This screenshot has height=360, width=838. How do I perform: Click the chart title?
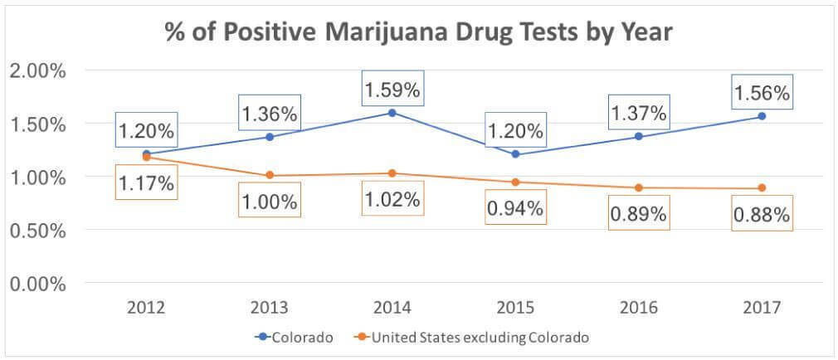(418, 34)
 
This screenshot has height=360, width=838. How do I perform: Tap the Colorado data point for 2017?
(761, 115)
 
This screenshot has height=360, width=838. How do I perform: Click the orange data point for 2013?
(270, 175)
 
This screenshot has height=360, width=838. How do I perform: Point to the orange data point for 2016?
(638, 187)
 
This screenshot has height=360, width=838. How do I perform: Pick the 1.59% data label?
(392, 87)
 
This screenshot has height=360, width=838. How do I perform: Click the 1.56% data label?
(761, 94)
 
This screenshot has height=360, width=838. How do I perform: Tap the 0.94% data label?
(514, 209)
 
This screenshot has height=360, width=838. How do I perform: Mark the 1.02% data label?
(392, 199)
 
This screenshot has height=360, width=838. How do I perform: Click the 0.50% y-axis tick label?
(37, 230)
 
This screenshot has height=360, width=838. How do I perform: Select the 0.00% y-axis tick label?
(37, 284)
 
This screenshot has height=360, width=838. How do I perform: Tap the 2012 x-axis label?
(145, 308)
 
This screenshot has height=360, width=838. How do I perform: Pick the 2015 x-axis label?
(514, 308)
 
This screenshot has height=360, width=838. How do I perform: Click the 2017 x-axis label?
(761, 308)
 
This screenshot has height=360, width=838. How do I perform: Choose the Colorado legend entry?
(296, 338)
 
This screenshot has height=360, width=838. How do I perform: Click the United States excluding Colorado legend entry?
(472, 338)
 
